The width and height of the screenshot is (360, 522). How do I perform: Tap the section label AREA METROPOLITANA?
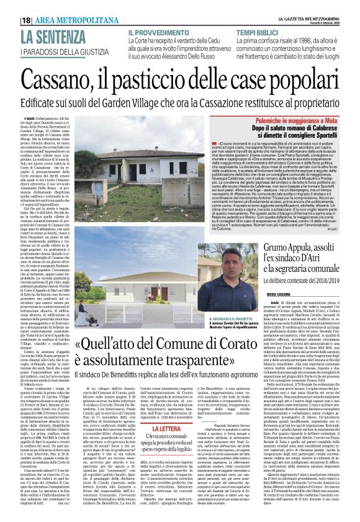61,20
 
